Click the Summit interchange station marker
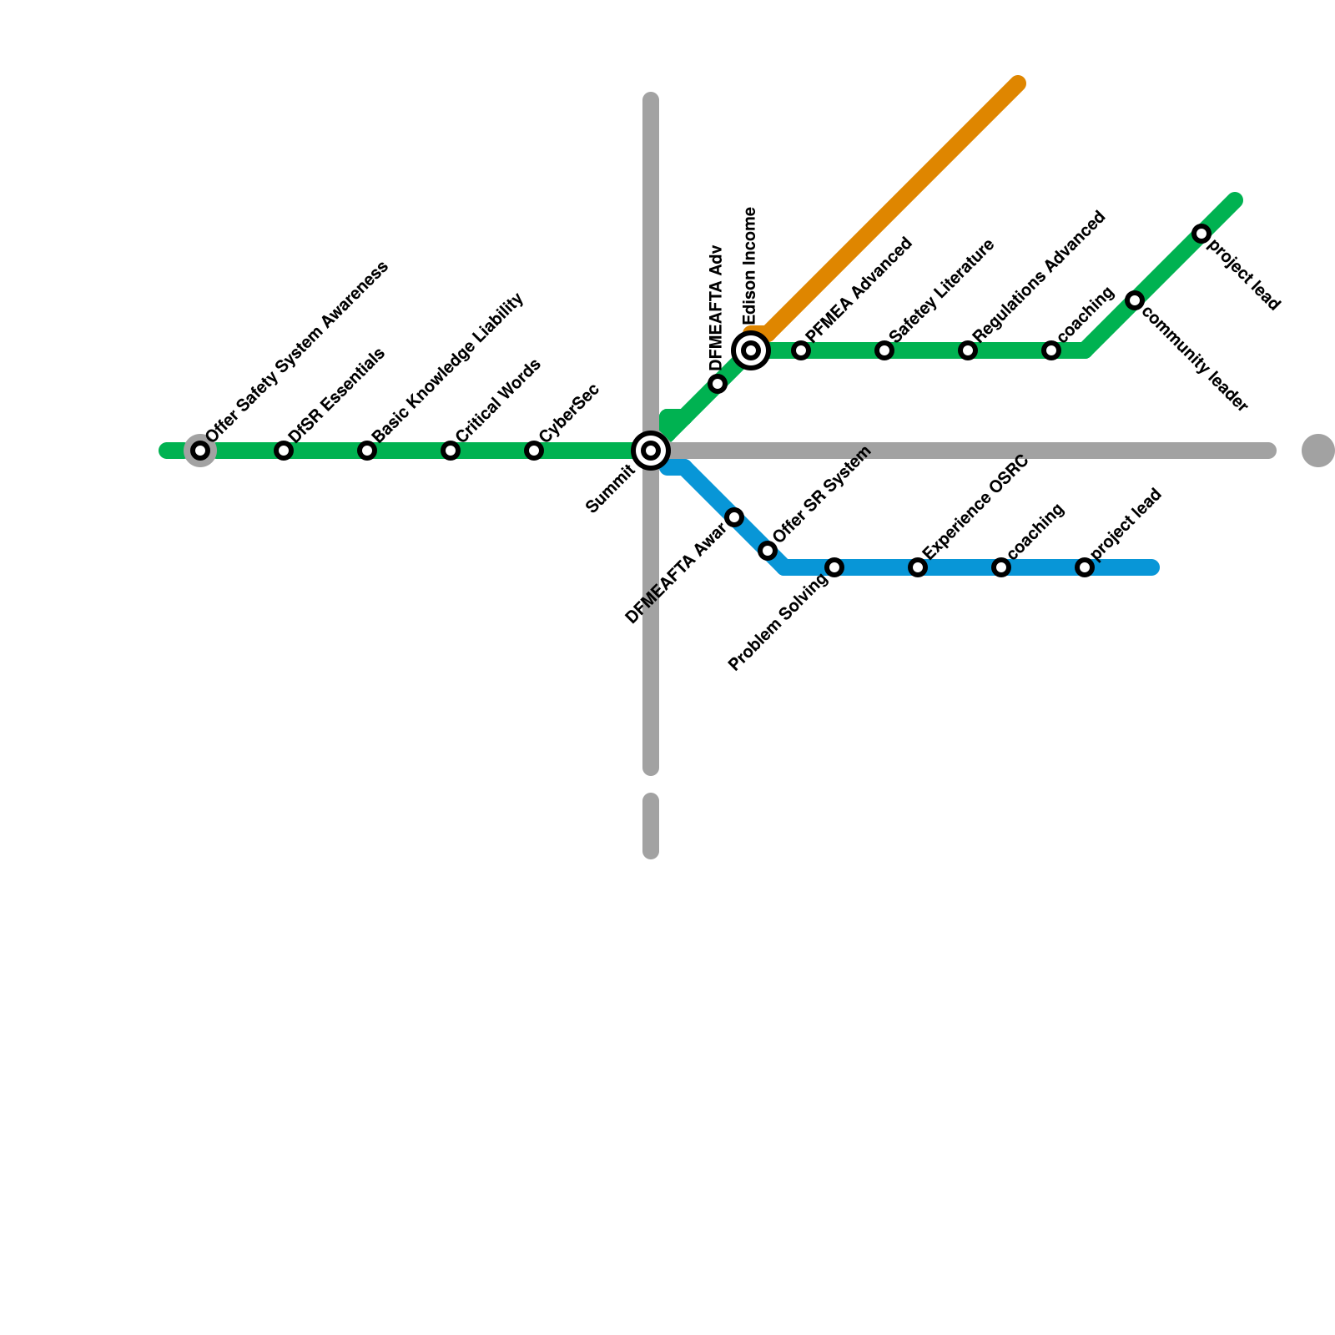point(651,451)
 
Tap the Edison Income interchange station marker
point(751,350)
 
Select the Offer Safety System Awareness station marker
point(200,451)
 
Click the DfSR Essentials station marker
point(284,451)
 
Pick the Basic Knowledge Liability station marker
point(367,451)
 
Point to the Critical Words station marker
point(451,451)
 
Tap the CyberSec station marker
point(534,451)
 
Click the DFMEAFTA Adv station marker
point(718,384)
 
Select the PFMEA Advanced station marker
point(801,350)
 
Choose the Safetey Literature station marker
point(884,350)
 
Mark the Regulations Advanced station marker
point(968,350)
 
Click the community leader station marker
point(1135,300)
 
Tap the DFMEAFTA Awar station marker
point(734,517)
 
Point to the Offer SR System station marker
point(768,551)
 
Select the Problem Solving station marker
point(834,567)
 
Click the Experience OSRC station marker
point(918,567)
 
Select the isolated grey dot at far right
point(1317,451)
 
